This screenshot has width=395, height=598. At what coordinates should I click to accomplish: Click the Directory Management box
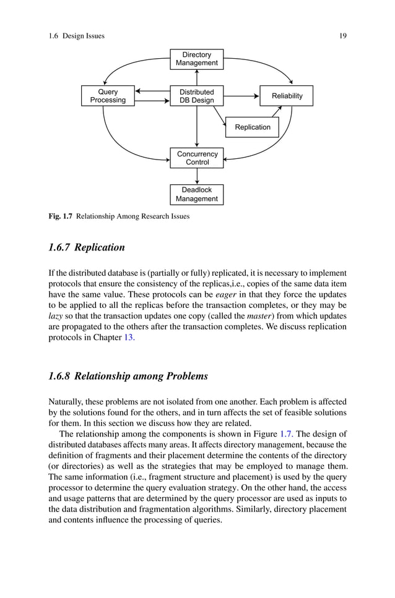[196, 59]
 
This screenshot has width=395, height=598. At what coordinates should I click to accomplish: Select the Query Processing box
[108, 96]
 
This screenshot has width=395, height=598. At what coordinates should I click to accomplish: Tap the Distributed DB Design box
[196, 96]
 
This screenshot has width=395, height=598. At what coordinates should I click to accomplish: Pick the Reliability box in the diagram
[287, 96]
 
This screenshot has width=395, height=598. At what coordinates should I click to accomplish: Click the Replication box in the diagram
[252, 127]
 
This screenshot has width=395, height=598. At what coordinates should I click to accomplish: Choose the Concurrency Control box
[197, 158]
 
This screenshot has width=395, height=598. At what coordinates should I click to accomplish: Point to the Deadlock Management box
[196, 194]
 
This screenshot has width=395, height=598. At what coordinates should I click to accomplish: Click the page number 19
[342, 36]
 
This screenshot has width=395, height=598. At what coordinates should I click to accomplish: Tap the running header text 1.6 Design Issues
[76, 36]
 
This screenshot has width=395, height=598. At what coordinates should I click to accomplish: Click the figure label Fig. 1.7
[61, 216]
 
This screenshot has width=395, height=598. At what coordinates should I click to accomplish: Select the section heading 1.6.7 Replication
[86, 247]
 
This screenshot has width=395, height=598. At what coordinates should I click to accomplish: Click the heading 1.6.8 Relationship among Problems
[128, 376]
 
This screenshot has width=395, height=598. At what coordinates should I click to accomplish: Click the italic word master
[257, 317]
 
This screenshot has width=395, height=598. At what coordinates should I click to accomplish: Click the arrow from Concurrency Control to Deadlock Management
[196, 176]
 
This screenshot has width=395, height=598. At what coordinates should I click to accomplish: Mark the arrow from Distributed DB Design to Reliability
[241, 96]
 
